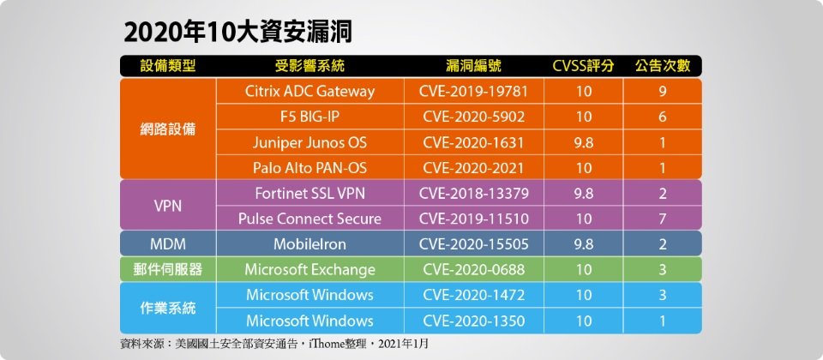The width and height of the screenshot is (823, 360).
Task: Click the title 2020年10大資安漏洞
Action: coord(237,33)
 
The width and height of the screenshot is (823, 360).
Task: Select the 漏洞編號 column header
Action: coord(473,66)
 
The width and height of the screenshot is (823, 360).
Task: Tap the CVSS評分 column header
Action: coord(583,66)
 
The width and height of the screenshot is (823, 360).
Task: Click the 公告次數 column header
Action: coord(663,66)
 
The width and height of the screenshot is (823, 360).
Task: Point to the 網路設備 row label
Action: coord(168,129)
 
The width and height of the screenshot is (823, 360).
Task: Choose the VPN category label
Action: coord(168,207)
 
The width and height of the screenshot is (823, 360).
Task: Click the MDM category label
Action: coord(168,244)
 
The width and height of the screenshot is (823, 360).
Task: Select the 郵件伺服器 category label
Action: coord(168,270)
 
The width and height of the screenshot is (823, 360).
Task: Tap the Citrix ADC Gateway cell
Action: coord(309,92)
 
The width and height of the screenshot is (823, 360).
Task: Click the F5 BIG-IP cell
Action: coord(309,117)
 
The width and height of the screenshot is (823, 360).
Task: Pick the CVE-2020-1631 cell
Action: coord(473,142)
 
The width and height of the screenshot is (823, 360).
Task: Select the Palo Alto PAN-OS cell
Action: coord(309,168)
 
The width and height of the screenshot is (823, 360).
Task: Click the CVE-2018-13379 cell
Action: coord(473,193)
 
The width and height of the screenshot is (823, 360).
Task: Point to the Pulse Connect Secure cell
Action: coord(309,219)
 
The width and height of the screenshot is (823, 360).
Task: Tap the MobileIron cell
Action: coord(309,244)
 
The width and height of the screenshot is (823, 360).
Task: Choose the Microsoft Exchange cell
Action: coord(309,270)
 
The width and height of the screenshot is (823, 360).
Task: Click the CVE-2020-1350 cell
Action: coord(473,321)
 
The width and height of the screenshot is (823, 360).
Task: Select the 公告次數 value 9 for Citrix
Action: coord(663,92)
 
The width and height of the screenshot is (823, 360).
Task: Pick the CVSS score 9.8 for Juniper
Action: coord(583,142)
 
